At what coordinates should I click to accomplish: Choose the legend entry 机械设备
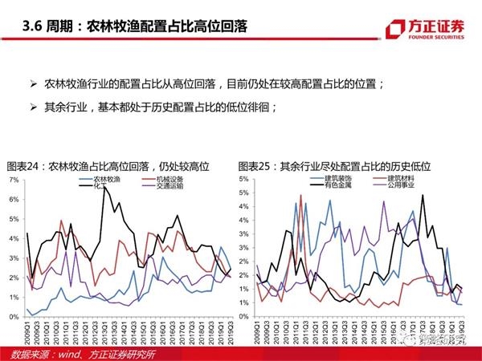[170, 177]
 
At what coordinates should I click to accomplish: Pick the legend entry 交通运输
[170, 185]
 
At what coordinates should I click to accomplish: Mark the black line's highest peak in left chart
[104, 187]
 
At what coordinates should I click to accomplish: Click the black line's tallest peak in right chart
[423, 195]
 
